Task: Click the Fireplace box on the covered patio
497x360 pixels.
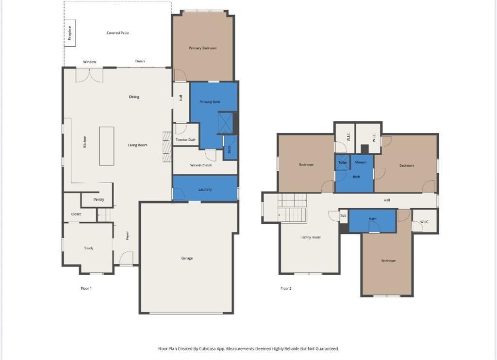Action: [x=70, y=36]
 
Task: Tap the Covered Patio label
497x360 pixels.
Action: [x=117, y=33]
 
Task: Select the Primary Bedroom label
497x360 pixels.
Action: [x=202, y=48]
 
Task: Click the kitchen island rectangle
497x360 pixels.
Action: [x=107, y=146]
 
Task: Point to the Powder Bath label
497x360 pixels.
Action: [x=185, y=140]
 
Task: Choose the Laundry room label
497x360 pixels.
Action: [x=205, y=190]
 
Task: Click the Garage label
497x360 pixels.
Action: [x=187, y=258]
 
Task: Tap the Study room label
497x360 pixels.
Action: [x=89, y=248]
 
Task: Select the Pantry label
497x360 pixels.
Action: [x=99, y=199]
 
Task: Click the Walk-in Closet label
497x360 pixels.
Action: [x=200, y=165]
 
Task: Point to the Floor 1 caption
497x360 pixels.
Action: [x=86, y=289]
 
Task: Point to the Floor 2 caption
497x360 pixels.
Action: [x=286, y=289]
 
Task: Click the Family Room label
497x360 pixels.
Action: [x=311, y=237]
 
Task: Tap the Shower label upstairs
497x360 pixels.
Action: [x=361, y=163]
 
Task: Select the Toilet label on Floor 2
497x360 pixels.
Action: [x=343, y=163]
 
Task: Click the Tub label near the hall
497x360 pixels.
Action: [x=343, y=216]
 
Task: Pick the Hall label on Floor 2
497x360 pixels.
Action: [x=387, y=200]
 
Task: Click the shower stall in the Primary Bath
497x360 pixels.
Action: [x=225, y=123]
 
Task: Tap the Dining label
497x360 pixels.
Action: [x=134, y=97]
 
